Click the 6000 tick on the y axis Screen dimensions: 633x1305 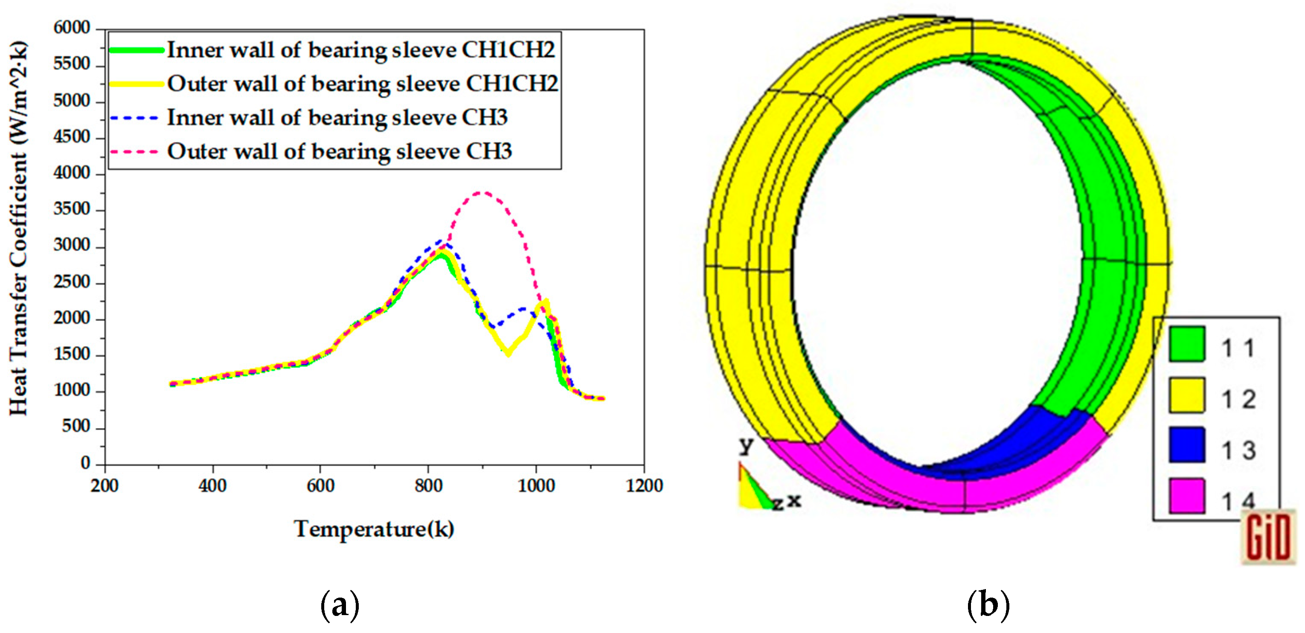pyautogui.click(x=72, y=28)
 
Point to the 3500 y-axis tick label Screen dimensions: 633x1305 pyautogui.click(x=72, y=209)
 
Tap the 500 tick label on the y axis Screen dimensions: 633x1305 pyautogui.click(x=76, y=427)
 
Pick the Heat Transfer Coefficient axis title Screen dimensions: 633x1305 pyautogui.click(x=18, y=228)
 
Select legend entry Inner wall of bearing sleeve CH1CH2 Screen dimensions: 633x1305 pyautogui.click(x=361, y=49)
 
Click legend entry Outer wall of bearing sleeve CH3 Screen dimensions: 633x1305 pyautogui.click(x=340, y=151)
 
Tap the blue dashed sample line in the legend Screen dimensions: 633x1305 pyautogui.click(x=134, y=117)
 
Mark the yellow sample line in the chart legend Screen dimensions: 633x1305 pyautogui.click(x=136, y=84)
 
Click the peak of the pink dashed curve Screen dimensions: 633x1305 pyautogui.click(x=482, y=192)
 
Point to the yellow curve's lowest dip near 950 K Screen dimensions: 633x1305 pyautogui.click(x=508, y=354)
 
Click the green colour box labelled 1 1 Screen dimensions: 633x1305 pyautogui.click(x=1186, y=345)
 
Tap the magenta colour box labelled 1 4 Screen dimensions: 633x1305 pyautogui.click(x=1186, y=496)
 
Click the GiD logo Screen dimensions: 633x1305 pyautogui.click(x=1267, y=538)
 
